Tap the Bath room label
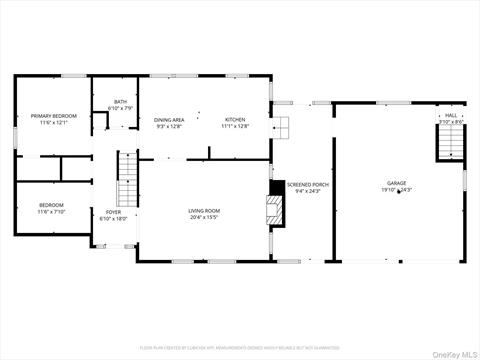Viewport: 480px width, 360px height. point(120,101)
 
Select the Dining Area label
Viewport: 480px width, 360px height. point(169,119)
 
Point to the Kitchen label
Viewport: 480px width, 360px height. point(234,119)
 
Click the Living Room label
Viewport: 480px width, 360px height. point(203,210)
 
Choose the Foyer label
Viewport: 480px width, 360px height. point(113,211)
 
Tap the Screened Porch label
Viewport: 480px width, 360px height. point(308,185)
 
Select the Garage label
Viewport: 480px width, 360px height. point(397,183)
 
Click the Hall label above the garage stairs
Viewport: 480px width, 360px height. point(450,116)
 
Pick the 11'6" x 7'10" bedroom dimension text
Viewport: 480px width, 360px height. point(51,211)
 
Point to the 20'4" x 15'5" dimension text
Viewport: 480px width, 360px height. point(203,217)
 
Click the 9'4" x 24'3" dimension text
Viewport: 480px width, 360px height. point(308,191)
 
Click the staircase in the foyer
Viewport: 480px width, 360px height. point(126,179)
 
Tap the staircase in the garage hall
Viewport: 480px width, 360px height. point(450,144)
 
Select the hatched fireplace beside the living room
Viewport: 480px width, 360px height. point(275,207)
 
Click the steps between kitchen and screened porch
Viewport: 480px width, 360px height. point(283,127)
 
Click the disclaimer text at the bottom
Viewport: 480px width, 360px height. point(240,347)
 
